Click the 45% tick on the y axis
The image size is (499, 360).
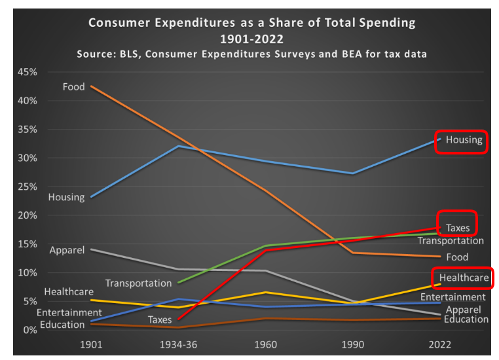pos(24,72)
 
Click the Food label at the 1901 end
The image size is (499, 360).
pos(74,86)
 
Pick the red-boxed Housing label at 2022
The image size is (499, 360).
pos(463,139)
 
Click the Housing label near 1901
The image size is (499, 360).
pos(66,197)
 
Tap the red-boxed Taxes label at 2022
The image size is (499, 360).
pos(458,228)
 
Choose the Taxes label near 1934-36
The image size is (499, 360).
pos(159,320)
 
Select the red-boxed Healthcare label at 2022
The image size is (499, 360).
pos(464,278)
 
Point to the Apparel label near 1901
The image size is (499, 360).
pos(67,250)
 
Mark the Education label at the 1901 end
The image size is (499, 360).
pos(62,325)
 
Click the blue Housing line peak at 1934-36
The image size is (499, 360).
pos(178,146)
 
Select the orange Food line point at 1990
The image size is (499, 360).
pos(353,253)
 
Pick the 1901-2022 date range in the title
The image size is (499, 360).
pos(251,38)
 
